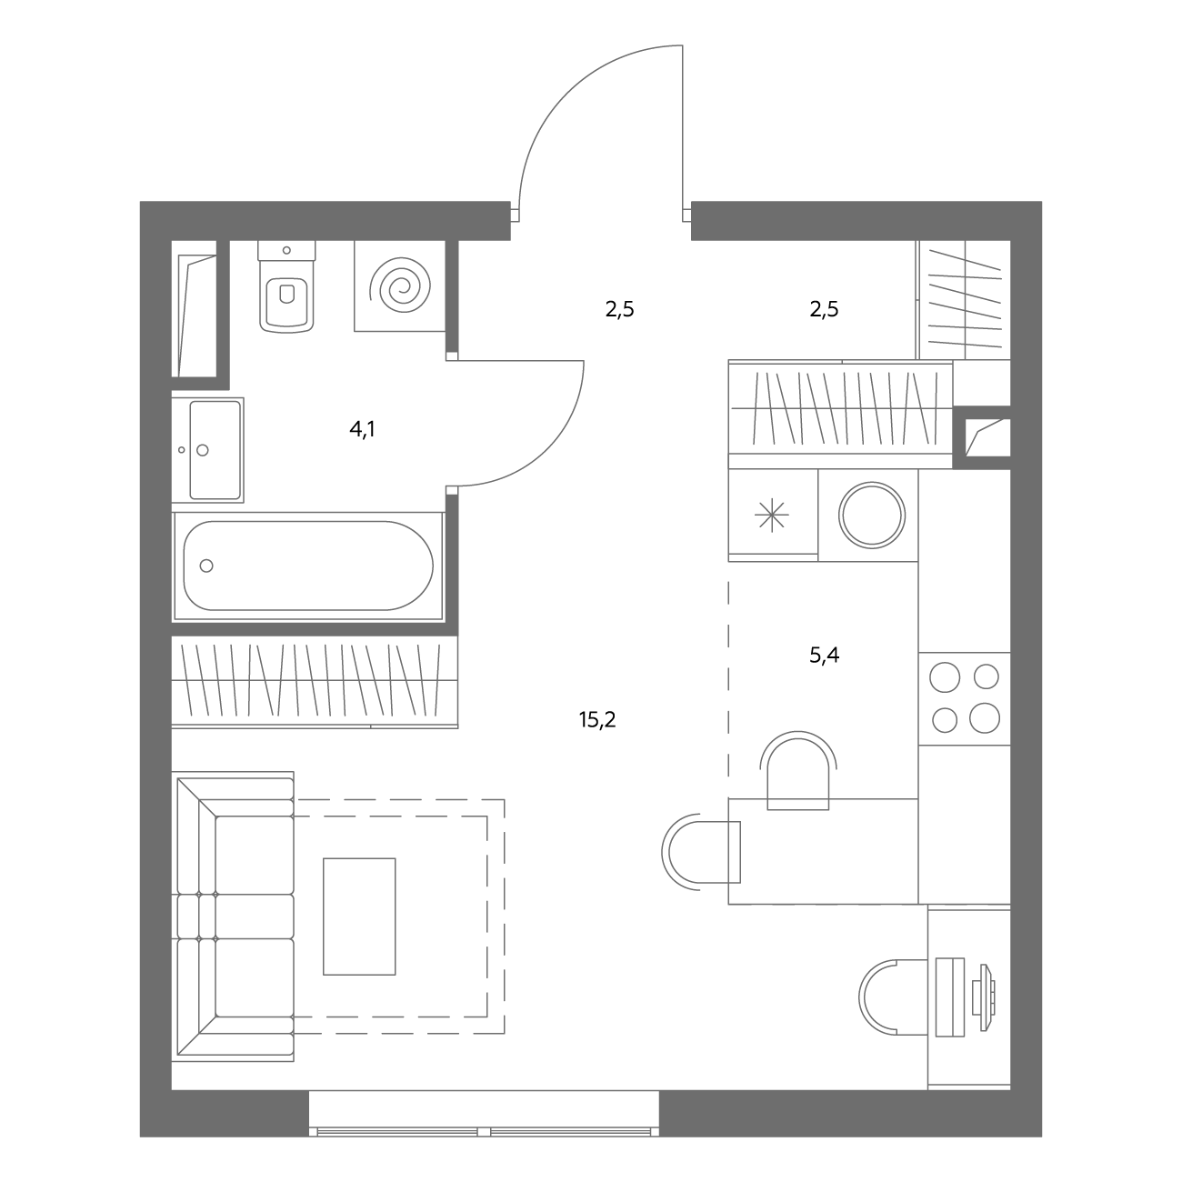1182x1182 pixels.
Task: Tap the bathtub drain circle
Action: (206, 566)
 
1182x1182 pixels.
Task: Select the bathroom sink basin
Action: (215, 449)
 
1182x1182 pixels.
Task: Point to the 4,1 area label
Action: (363, 430)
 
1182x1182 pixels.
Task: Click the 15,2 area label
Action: (596, 719)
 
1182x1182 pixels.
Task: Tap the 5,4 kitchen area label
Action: (825, 655)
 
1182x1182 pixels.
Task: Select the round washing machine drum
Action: (872, 516)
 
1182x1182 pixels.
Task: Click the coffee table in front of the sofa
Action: (359, 917)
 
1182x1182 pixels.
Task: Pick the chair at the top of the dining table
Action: (798, 770)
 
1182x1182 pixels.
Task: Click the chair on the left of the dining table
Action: (700, 852)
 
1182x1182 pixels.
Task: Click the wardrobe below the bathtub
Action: (315, 683)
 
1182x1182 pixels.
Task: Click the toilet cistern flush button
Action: (286, 250)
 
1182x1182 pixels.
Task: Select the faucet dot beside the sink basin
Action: (182, 449)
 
